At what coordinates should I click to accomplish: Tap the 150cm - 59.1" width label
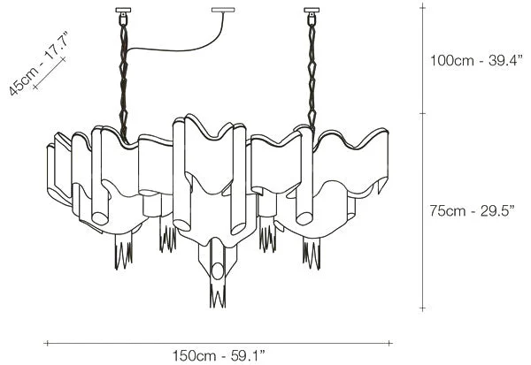click(219, 355)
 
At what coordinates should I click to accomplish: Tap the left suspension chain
click(120, 71)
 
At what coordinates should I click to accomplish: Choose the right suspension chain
click(312, 71)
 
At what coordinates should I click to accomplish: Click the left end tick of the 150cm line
click(46, 343)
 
